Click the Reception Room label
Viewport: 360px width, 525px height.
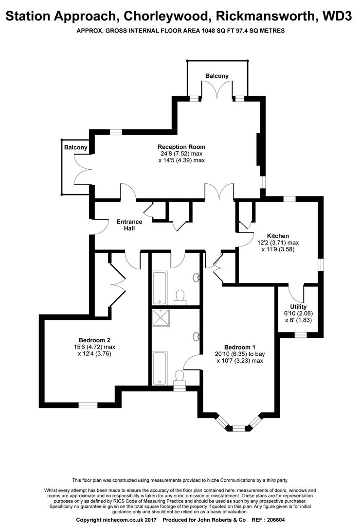(x=181, y=147)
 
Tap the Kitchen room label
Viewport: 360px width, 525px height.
(x=278, y=236)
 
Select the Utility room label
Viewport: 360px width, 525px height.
(x=298, y=307)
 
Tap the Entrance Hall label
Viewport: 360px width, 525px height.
(x=129, y=225)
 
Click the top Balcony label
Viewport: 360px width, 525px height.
(x=217, y=76)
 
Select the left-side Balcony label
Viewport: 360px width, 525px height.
(x=76, y=147)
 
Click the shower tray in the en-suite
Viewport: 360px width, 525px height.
(x=161, y=318)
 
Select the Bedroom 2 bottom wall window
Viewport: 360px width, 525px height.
(x=88, y=405)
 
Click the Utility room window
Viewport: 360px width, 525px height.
(x=301, y=334)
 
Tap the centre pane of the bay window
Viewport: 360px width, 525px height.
(x=239, y=428)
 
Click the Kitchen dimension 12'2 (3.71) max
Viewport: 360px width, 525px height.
(x=278, y=243)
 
